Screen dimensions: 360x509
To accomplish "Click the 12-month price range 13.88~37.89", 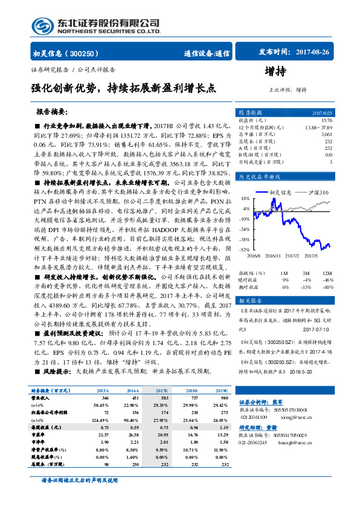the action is click(318, 128).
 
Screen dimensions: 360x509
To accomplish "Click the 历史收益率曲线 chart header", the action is click(260, 177).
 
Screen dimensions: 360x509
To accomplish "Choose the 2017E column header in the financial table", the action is click(161, 392).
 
